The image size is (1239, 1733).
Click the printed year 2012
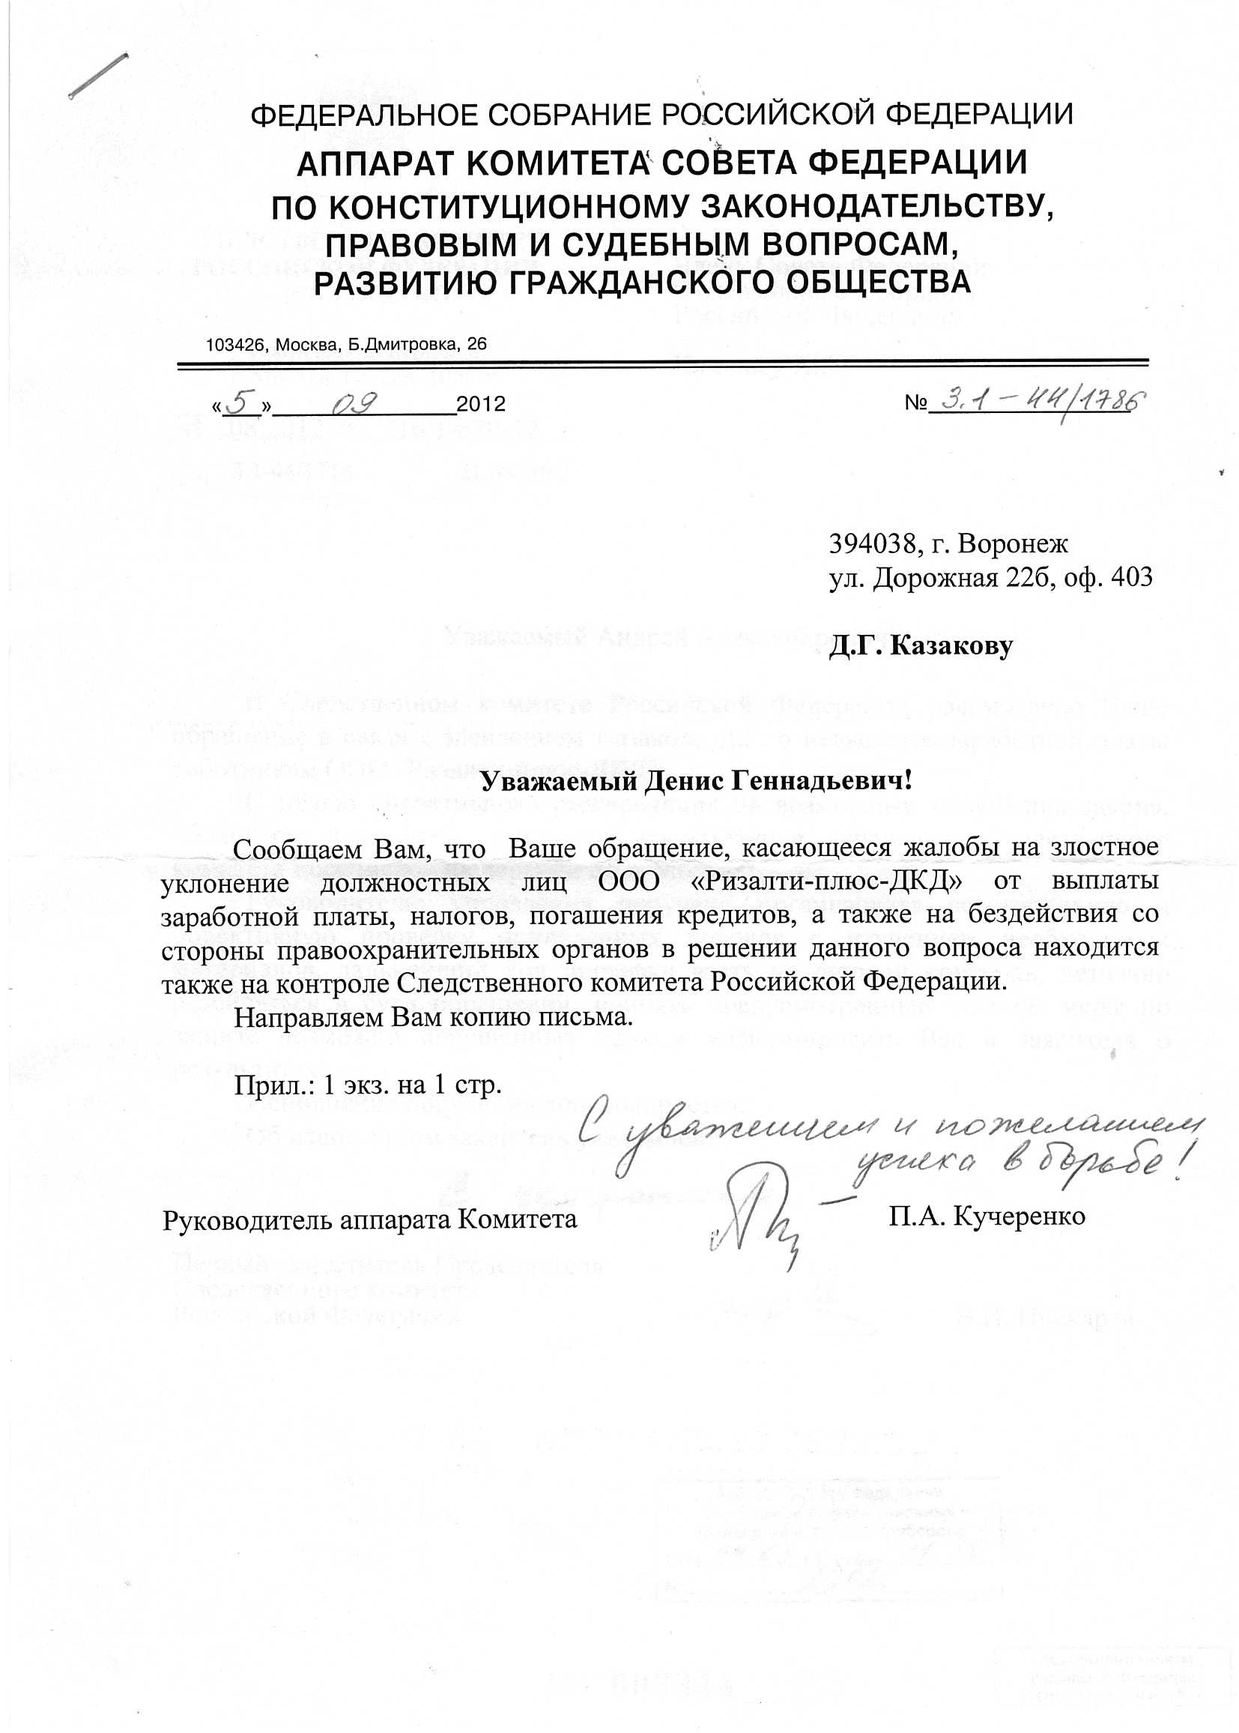tap(481, 404)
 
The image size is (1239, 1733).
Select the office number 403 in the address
tap(1132, 577)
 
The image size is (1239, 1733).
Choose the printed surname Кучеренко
tap(1020, 1216)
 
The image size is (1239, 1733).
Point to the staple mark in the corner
tap(97, 76)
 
